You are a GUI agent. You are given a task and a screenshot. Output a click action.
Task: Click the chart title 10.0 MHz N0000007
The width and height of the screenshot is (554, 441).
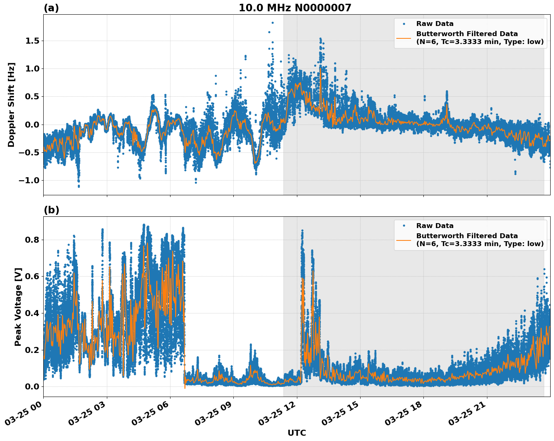[295, 8]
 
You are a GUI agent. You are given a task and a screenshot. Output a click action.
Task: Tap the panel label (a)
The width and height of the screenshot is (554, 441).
[51, 8]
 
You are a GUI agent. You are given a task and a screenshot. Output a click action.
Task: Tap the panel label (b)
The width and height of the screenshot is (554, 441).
[51, 210]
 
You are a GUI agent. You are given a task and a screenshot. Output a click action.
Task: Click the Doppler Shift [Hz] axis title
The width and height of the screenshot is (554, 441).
[11, 105]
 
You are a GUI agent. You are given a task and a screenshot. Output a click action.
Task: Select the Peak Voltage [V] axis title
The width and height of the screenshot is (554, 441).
[18, 307]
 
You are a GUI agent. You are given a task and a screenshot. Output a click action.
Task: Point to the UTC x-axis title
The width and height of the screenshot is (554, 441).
[297, 433]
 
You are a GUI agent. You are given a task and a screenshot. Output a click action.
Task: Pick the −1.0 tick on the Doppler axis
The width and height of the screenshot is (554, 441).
[29, 180]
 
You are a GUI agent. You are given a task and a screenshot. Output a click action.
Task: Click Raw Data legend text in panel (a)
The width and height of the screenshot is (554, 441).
[435, 24]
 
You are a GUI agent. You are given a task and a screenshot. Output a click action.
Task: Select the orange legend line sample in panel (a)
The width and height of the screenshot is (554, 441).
[404, 38]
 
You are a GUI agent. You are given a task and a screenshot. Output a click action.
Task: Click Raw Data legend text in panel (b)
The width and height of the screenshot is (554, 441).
[435, 226]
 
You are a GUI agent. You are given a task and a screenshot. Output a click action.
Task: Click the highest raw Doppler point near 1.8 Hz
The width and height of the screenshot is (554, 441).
[272, 23]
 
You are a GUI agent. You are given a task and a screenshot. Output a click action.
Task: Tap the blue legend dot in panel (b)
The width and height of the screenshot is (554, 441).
[404, 226]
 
